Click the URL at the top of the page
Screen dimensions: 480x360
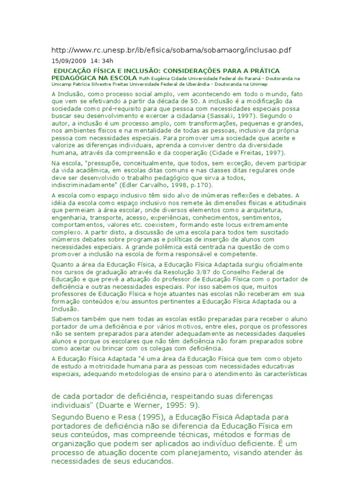coord(174,50)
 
